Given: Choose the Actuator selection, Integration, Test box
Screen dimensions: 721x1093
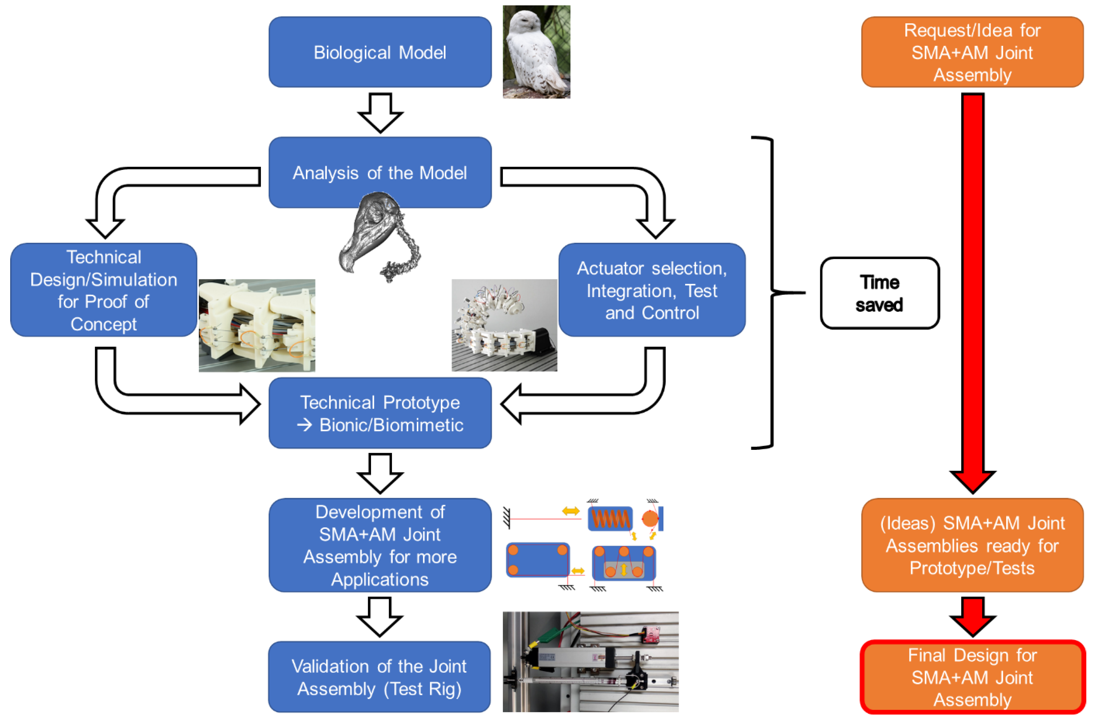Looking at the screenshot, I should point(652,290).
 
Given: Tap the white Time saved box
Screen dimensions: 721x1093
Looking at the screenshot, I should point(879,293).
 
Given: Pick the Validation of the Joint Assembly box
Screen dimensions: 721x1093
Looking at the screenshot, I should point(379,677).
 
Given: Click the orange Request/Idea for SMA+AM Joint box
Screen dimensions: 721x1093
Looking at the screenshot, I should point(972,52).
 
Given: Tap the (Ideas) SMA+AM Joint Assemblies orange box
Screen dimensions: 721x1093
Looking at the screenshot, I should point(972,545).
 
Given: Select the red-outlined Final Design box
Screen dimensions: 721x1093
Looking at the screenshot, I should point(972,677).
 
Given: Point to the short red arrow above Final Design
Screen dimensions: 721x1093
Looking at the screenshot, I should point(972,616).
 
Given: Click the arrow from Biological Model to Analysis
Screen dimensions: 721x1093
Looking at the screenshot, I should point(380,112).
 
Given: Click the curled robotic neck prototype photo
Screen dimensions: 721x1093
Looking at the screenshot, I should point(504,325).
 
